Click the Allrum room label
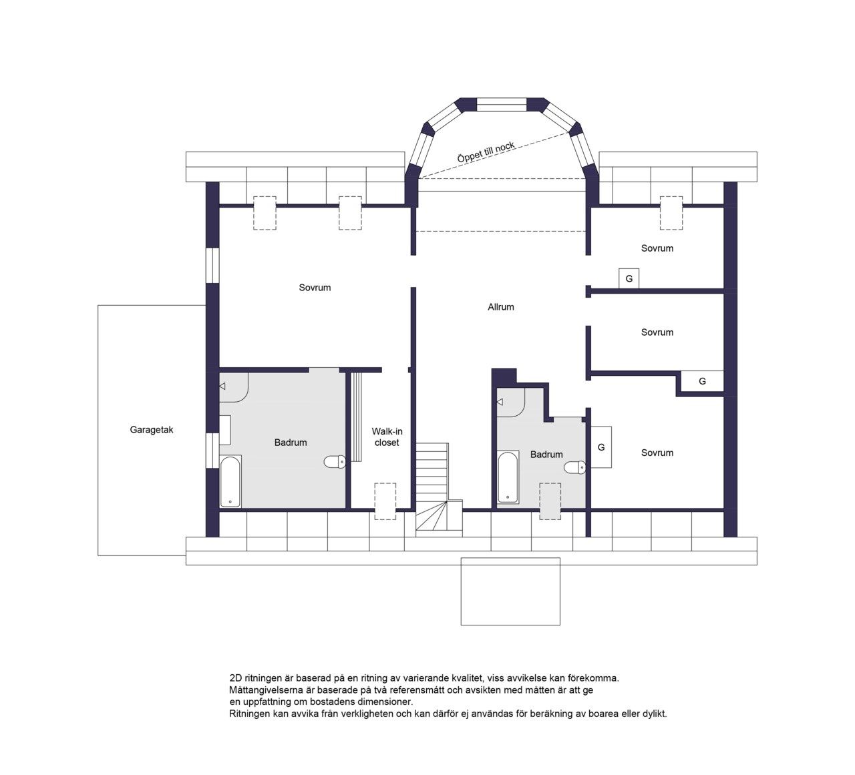(x=501, y=307)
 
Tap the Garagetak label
(x=152, y=430)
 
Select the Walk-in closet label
(x=387, y=437)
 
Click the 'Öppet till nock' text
(x=486, y=152)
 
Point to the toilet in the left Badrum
(x=335, y=462)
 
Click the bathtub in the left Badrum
(x=230, y=481)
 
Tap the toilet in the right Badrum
(x=574, y=467)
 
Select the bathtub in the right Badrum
(x=508, y=477)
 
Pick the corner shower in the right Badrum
(x=510, y=403)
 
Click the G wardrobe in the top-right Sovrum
(x=629, y=278)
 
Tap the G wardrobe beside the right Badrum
(x=601, y=447)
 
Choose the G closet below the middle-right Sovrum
(x=702, y=381)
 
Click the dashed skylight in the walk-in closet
(x=385, y=501)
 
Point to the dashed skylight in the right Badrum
(x=550, y=501)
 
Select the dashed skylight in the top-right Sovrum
(x=671, y=213)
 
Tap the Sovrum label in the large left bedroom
(x=315, y=288)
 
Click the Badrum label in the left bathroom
(x=291, y=443)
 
